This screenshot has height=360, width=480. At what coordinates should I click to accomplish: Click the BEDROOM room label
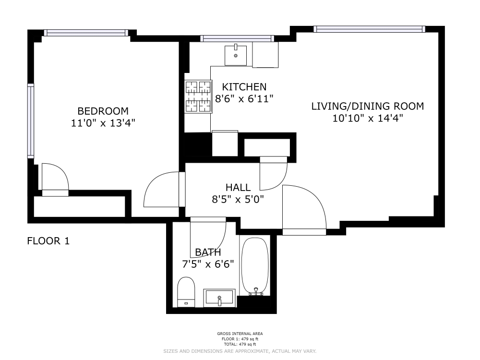pos(103,111)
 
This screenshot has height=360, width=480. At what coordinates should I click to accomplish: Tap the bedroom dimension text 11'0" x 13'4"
pos(103,123)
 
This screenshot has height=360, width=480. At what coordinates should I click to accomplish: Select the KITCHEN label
pos(244,87)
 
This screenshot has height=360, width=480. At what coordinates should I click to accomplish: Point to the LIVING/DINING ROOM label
pos(368,106)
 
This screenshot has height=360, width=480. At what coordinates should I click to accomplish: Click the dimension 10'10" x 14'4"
pos(368,118)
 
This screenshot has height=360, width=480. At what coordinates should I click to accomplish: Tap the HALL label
pos(238,187)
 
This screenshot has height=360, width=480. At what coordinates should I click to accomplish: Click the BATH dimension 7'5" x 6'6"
pos(208,264)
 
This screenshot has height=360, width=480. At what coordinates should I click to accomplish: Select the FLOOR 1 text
pos(48,241)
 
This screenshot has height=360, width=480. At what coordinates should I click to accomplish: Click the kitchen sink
pos(236,55)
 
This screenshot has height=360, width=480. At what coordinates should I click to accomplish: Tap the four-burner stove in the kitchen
pos(198,96)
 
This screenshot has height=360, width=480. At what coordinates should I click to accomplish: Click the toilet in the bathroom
pos(186,292)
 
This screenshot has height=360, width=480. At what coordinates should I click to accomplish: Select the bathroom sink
pos(219,298)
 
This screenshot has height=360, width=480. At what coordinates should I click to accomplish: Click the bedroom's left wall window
pos(31,121)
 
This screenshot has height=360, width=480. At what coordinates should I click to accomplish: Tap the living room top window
pos(369,29)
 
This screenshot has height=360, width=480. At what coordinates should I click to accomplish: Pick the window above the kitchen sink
pos(237,38)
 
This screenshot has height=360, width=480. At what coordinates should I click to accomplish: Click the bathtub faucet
pos(256,292)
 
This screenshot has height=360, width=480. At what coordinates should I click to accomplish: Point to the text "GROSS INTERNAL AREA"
pos(240,334)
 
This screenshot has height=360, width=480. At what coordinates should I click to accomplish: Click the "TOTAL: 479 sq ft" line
pos(240,344)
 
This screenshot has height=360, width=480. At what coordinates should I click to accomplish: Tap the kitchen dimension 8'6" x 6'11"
pos(244,99)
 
